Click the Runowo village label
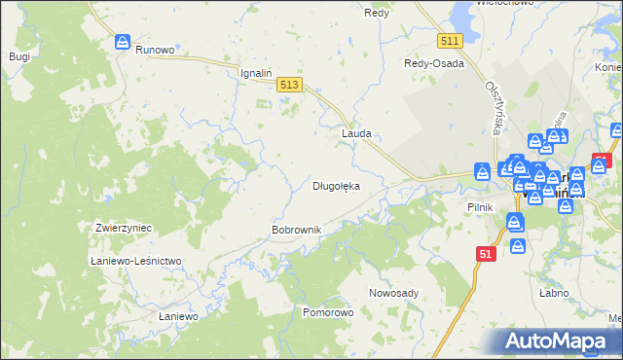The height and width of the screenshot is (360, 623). coord(155,50)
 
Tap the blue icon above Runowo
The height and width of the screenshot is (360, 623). coord(124,42)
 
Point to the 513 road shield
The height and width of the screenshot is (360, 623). coord(288,86)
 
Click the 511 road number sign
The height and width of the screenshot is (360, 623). coord(449,41)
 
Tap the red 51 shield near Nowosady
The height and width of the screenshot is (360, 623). coord(488,253)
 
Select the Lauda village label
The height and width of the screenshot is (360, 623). coord(355,133)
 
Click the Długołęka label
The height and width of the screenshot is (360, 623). coord(336,185)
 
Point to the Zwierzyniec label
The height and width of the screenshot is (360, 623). coord(124,227)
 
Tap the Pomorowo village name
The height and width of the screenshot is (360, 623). coord(328,313)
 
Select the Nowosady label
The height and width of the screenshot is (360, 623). coord(393,293)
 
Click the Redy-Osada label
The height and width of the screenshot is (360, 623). coord(434,63)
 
